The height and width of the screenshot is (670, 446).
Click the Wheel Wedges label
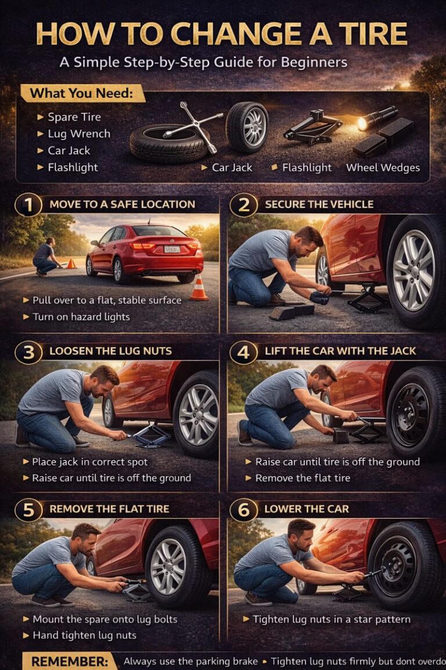(x=383, y=167)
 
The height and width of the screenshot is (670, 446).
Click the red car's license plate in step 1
(x=172, y=250)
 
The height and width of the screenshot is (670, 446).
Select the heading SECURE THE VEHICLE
(x=319, y=205)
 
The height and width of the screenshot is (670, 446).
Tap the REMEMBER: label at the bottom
(x=64, y=661)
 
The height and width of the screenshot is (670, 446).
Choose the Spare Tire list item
(x=74, y=117)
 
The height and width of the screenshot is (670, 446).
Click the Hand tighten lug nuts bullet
(x=84, y=635)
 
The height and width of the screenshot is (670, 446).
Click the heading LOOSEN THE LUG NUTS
(x=110, y=351)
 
